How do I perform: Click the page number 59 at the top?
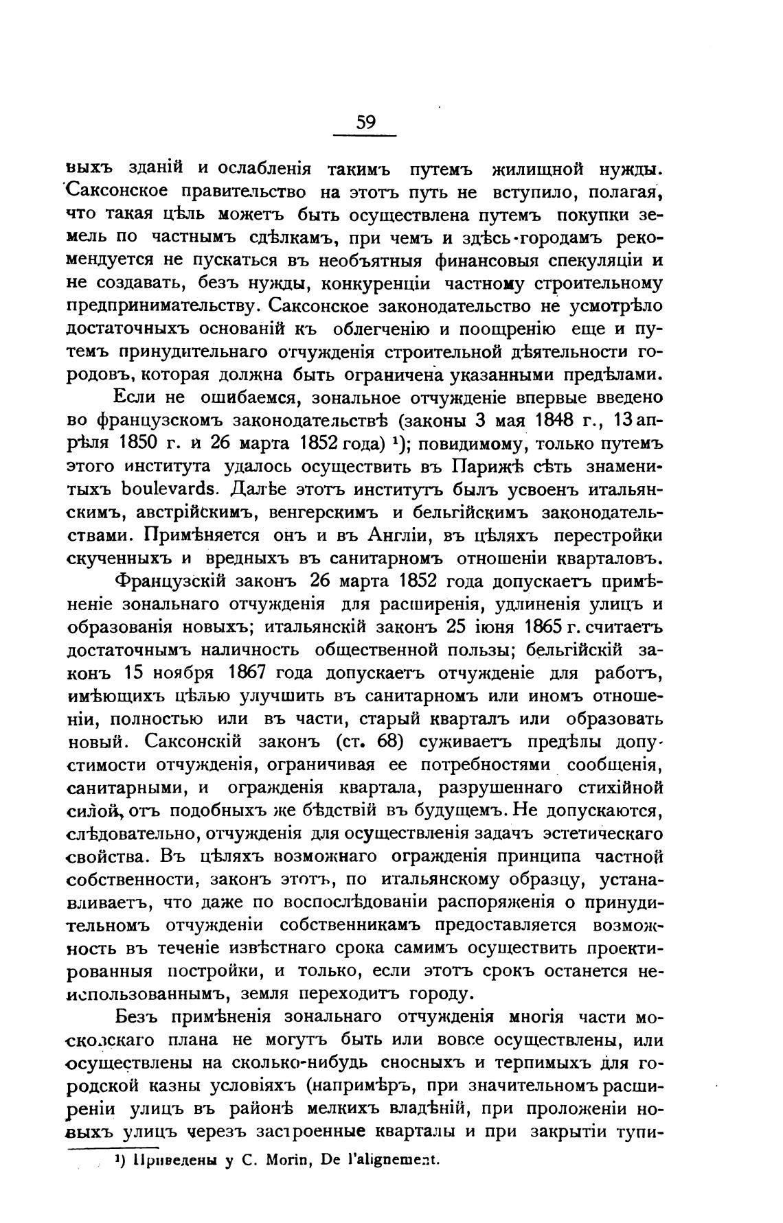tap(365, 123)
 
